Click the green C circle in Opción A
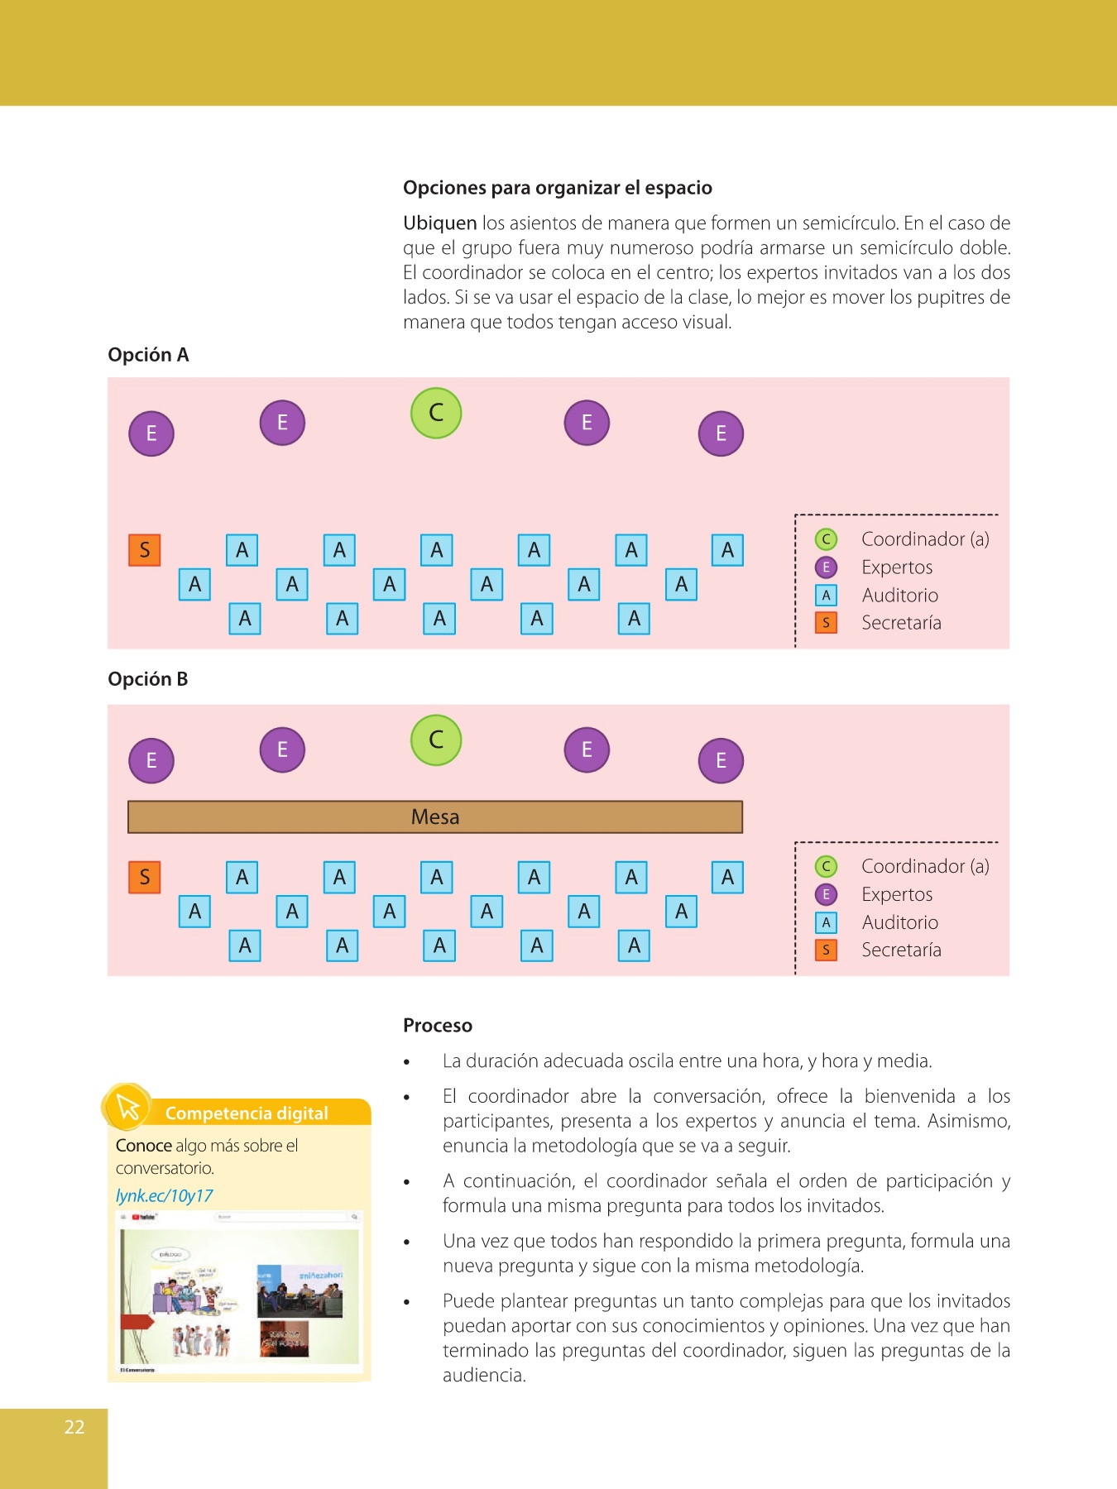click(x=436, y=413)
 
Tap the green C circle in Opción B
click(x=436, y=740)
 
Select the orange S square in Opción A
click(x=145, y=550)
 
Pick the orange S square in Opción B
click(x=145, y=877)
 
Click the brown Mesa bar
click(x=435, y=816)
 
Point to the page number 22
click(x=74, y=1427)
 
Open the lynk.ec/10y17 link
click(x=165, y=1195)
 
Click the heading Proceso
click(x=438, y=1026)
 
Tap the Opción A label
click(x=148, y=355)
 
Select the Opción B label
click(x=148, y=679)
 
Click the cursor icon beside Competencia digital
click(x=128, y=1107)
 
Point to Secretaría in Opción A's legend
click(x=901, y=623)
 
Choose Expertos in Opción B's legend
click(x=897, y=894)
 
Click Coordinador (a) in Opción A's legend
click(x=925, y=539)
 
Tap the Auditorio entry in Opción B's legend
click(x=899, y=922)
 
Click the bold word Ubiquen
click(x=439, y=223)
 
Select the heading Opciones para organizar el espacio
click(x=558, y=188)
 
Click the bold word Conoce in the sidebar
click(x=144, y=1146)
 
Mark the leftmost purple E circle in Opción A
click(x=151, y=433)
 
